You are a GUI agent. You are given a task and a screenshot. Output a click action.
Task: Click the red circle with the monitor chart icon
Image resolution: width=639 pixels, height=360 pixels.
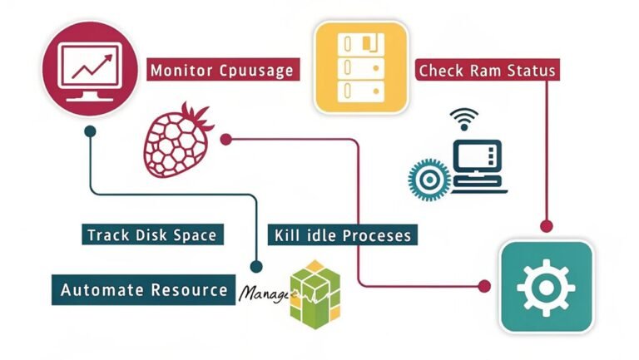click(88, 67)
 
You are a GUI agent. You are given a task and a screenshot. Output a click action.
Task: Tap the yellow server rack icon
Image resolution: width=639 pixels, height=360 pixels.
click(361, 67)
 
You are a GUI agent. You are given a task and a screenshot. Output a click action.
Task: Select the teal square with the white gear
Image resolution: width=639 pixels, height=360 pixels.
click(546, 286)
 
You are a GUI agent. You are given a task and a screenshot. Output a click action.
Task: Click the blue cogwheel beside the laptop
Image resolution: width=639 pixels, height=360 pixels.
click(428, 177)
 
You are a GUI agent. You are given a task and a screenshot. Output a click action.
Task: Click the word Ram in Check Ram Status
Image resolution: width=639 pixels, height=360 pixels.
click(482, 70)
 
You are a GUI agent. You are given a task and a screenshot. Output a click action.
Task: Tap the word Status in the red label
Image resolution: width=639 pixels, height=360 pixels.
click(528, 70)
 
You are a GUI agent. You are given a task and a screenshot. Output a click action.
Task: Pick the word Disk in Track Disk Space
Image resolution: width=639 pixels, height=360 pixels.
click(151, 235)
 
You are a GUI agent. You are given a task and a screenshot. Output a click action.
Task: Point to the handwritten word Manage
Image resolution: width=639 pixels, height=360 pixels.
click(265, 294)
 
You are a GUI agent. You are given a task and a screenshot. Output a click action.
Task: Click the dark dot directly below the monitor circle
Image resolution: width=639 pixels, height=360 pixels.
click(89, 131)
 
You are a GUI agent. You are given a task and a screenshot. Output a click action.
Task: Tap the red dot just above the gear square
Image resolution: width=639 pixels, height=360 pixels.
click(546, 225)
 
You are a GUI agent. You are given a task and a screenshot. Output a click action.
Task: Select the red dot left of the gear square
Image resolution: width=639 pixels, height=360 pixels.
click(485, 286)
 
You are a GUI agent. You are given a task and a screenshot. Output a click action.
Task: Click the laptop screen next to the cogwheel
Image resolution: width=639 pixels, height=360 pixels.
click(477, 156)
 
